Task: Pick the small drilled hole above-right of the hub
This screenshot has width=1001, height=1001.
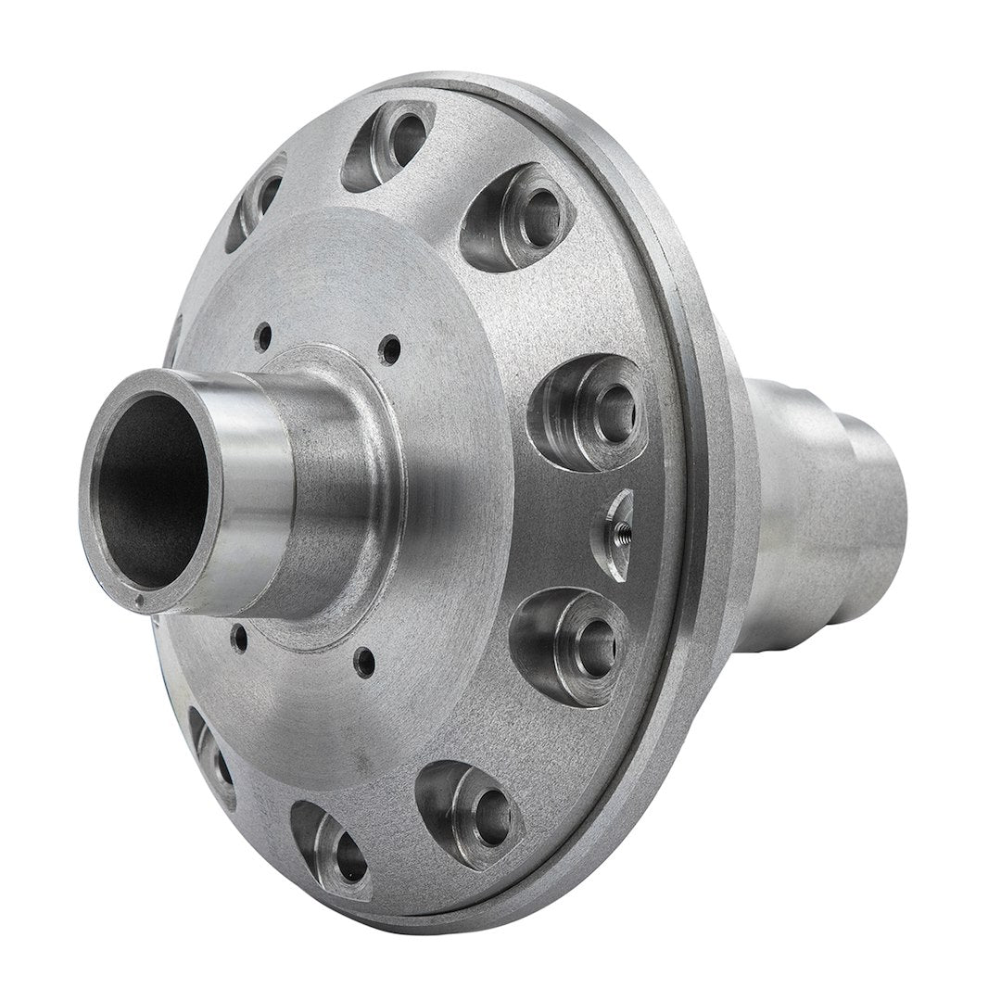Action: pos(394,348)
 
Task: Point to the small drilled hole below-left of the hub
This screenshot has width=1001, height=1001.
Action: pos(239,636)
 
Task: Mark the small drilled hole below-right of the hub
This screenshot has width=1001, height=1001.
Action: pos(366,661)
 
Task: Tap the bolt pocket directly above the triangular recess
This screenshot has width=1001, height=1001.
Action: pos(588,409)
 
